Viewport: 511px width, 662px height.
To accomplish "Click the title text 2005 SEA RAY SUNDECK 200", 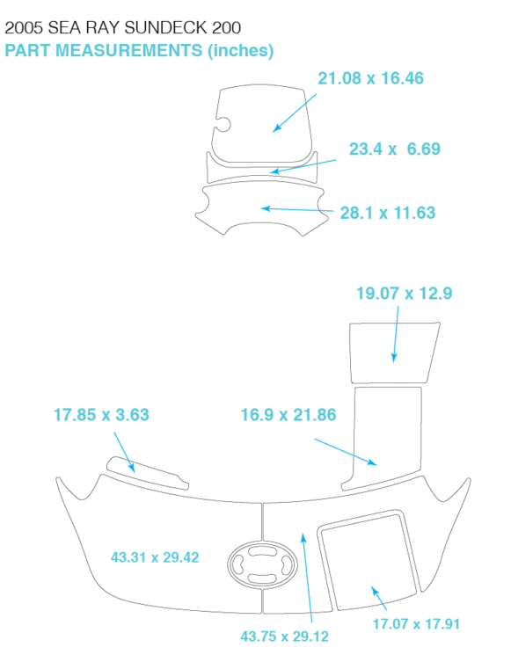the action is (123, 28).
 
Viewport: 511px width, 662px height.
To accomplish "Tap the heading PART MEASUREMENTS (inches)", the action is (139, 51).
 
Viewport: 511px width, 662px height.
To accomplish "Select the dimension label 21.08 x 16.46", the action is (370, 78).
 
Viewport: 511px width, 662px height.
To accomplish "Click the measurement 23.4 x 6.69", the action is (394, 149).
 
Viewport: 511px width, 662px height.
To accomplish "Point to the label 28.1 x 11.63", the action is (388, 213).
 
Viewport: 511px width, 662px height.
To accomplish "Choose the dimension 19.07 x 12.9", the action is (405, 294).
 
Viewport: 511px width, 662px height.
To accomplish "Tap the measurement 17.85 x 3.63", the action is (101, 415).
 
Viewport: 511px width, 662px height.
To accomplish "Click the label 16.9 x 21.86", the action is (288, 415).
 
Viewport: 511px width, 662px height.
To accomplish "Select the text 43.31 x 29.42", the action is (155, 557).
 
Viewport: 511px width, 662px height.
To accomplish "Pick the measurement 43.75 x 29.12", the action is (285, 637).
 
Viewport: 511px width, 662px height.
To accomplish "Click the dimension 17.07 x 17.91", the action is (416, 623).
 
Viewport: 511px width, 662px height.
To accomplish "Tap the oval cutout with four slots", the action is (262, 564).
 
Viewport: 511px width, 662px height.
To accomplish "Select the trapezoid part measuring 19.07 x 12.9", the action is (393, 353).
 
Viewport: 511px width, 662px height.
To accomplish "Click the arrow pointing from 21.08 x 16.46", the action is (295, 113).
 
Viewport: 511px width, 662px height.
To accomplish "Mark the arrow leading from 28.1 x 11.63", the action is (297, 209).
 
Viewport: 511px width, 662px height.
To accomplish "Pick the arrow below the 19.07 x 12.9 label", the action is (396, 334).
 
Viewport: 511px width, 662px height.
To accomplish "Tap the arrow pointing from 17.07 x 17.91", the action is (379, 598).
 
